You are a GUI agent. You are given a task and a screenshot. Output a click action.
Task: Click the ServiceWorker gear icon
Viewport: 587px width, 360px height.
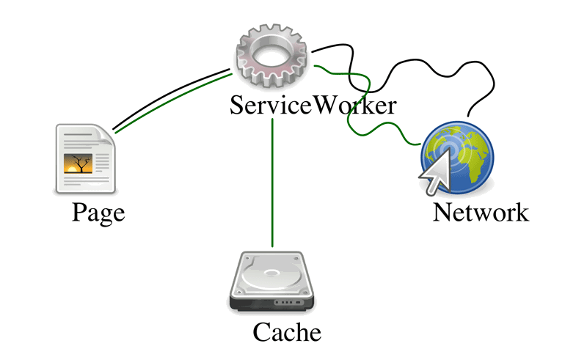271,56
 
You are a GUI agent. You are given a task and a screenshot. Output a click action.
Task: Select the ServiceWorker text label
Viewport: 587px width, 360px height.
313,105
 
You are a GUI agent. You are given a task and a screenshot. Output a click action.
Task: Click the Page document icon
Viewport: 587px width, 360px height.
85,158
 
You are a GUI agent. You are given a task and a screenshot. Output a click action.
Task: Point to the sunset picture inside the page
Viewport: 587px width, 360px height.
78,164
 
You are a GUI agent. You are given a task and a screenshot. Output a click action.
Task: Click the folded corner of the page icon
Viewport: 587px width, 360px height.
106,135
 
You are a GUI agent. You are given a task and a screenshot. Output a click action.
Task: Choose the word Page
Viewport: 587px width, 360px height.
98,213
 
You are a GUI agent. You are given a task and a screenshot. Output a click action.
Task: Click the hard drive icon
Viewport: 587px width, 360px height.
271,282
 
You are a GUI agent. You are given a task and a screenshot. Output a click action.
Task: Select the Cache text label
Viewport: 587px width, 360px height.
287,332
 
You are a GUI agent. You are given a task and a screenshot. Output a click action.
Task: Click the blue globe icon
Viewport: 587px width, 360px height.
457,157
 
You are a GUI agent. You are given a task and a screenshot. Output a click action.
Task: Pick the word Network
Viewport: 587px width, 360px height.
481,213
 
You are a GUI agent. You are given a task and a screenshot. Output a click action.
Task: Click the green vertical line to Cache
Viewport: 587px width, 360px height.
272,183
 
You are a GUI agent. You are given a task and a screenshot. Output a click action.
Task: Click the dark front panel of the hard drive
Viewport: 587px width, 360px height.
271,304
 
